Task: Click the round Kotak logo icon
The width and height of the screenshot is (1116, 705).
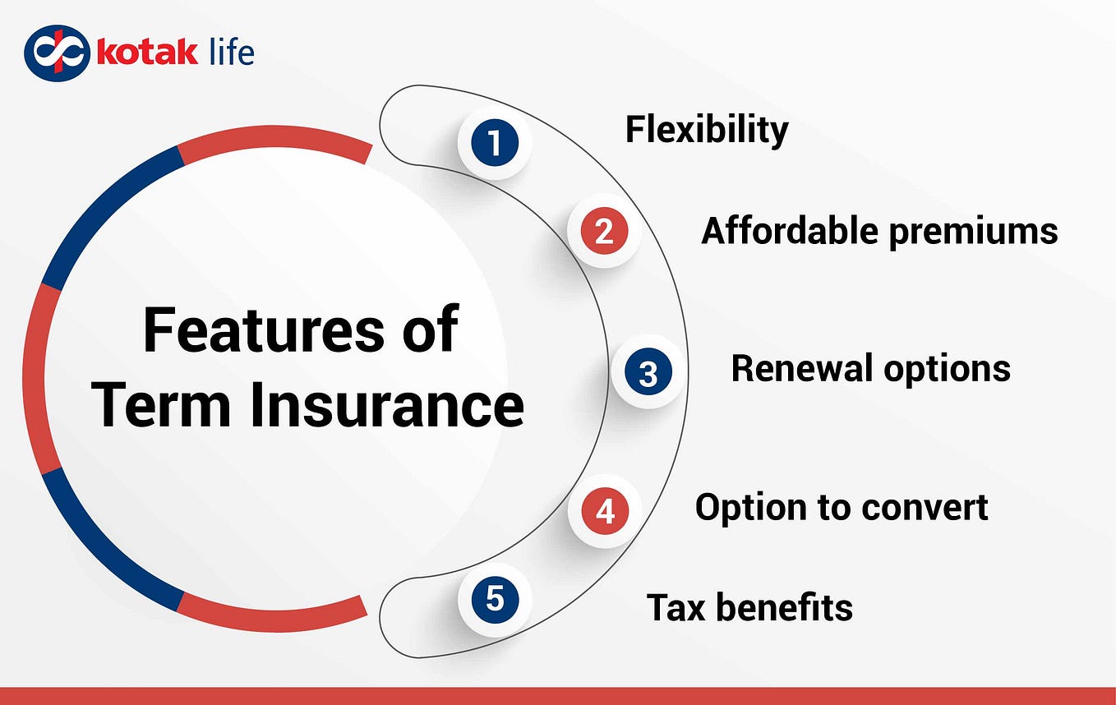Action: coord(56,53)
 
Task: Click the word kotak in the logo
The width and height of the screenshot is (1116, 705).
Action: coord(147,53)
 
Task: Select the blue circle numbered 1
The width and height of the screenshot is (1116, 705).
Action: coord(495,143)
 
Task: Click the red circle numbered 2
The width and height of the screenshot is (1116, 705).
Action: coord(604,231)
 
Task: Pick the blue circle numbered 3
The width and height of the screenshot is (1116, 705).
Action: coord(648,372)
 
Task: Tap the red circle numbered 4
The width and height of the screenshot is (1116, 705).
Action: coord(605,511)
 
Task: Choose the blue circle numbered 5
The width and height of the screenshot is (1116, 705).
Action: coord(495,598)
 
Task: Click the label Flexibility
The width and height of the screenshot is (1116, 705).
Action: coord(707,130)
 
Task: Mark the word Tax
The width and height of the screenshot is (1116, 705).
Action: coord(676,608)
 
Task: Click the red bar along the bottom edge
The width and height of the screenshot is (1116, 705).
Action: coord(558,696)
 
